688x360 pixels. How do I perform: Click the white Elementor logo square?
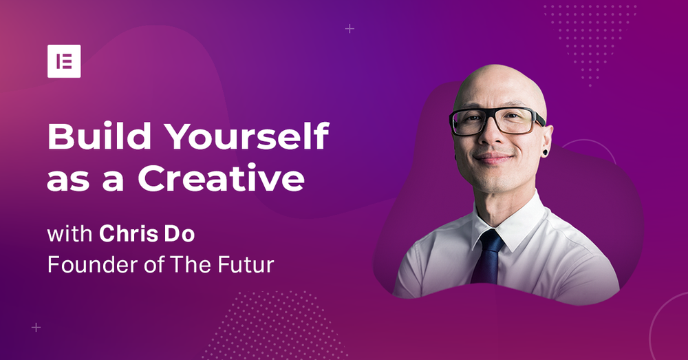coord(64,61)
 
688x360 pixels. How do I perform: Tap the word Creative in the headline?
coord(220,179)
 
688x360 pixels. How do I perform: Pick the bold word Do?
coord(182,233)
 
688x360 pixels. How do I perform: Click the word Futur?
coord(250,264)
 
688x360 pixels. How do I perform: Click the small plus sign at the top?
coord(350,29)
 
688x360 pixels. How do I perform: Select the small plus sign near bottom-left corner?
coord(36,328)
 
